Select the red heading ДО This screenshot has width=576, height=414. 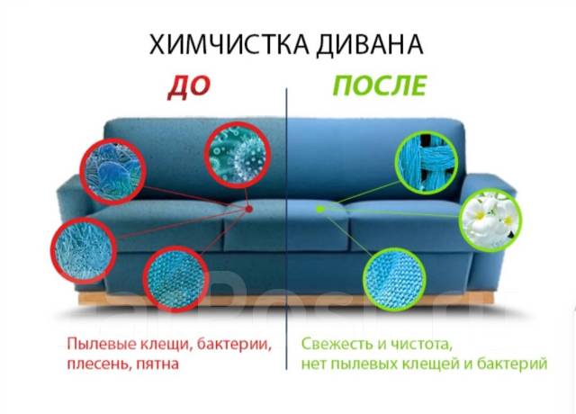188,86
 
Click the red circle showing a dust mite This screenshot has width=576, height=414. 114,171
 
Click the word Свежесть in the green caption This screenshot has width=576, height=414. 332,344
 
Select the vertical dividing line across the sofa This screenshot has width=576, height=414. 287,225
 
